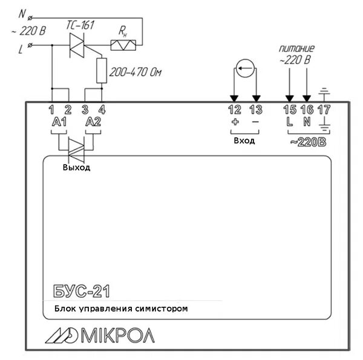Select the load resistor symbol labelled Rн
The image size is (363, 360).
126,44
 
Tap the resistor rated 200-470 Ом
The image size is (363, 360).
102,71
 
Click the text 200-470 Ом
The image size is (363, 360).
136,72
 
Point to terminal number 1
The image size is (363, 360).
52,110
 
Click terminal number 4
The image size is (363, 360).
102,110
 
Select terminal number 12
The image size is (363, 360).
234,110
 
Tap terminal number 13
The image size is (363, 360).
256,110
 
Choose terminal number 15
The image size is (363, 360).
290,110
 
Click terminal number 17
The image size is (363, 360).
324,110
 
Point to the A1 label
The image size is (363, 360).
59,122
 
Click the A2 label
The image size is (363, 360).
93,122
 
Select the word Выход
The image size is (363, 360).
76,168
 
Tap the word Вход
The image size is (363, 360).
244,140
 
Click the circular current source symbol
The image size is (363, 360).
244,69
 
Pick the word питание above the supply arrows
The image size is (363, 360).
296,48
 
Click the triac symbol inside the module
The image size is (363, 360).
77,146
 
